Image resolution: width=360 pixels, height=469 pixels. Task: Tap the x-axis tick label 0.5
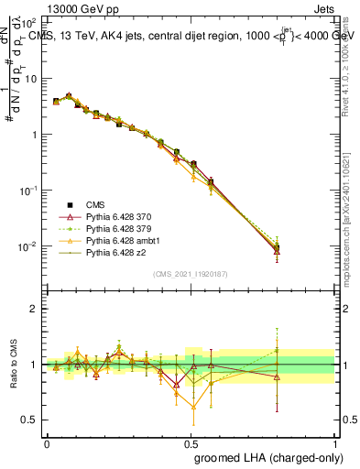click(191, 442)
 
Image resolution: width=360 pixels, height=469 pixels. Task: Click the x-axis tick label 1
click(334, 442)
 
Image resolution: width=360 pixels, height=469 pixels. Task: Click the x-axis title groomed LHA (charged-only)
click(265, 459)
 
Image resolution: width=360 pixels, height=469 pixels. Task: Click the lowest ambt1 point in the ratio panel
click(193, 408)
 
